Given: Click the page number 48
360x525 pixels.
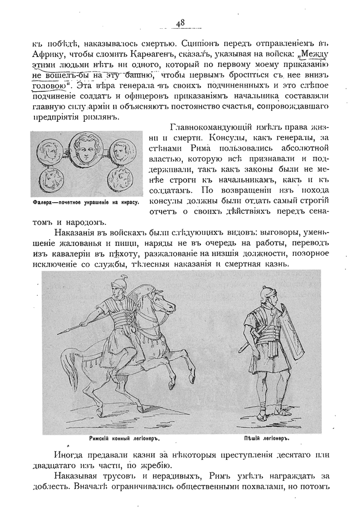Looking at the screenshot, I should (x=180, y=23).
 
